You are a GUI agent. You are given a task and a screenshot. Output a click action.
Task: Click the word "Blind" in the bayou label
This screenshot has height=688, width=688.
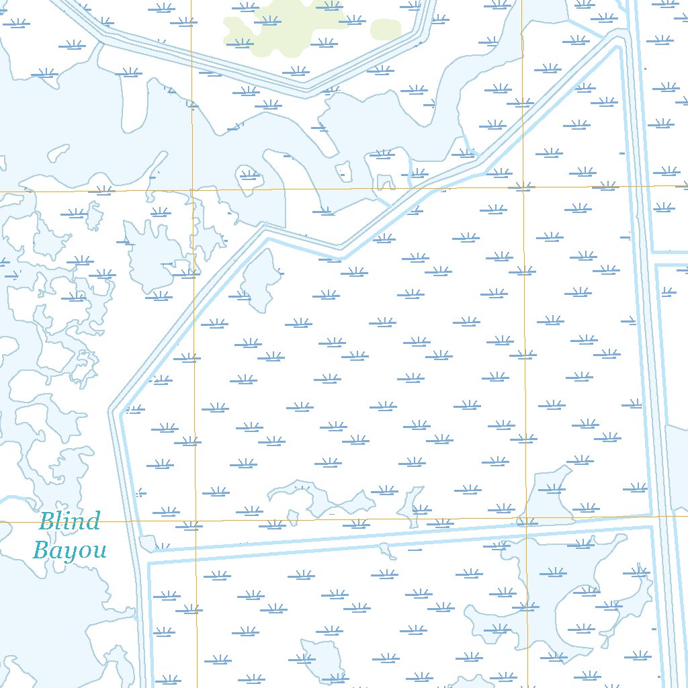coord(69,521)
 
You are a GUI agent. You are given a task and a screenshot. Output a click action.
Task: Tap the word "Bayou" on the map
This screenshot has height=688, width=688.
coord(69,550)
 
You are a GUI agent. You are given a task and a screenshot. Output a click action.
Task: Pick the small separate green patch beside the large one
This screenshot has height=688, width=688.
coord(386,28)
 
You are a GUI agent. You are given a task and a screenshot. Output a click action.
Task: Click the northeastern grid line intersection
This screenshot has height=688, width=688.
coord(523,186)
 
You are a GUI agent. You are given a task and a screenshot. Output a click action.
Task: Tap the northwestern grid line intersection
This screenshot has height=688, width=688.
coord(192,189)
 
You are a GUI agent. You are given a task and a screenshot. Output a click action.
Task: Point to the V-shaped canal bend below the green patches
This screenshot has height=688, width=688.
coord(306,87)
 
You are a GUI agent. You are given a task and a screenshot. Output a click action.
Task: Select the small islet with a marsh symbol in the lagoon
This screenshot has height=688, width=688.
coord(249,176)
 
